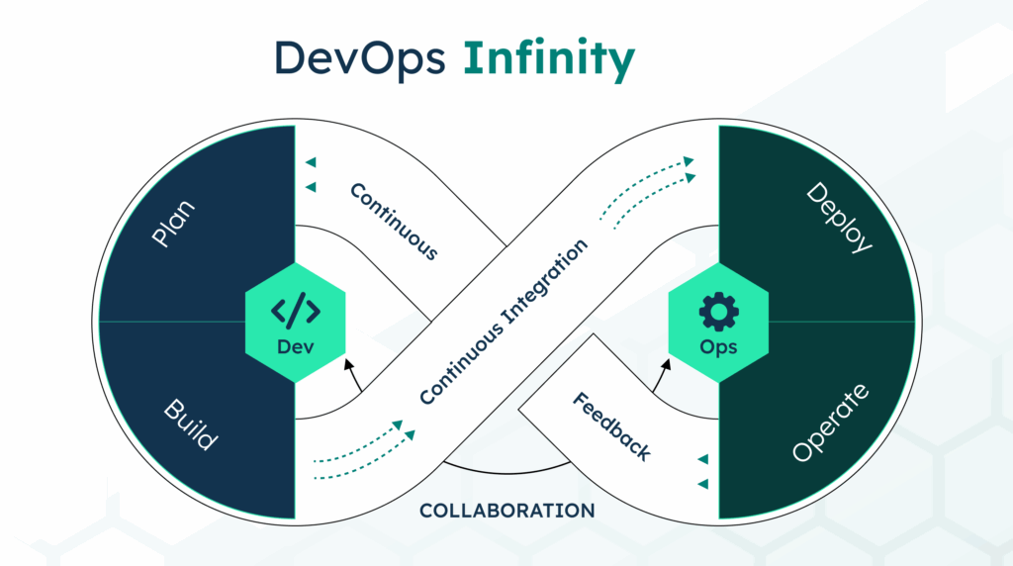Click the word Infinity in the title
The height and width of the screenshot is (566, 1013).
point(548,61)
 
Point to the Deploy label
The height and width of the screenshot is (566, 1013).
point(839,217)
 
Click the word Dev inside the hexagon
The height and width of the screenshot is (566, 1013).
point(295,346)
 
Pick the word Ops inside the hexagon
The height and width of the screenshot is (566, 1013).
point(718,347)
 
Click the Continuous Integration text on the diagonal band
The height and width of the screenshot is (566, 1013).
point(504,321)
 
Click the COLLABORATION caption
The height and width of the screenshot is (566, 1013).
point(506,511)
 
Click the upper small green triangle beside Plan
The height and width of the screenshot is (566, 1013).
point(311,162)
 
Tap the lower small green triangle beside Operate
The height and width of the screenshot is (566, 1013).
point(702,484)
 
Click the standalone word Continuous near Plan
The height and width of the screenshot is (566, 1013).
point(394,221)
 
